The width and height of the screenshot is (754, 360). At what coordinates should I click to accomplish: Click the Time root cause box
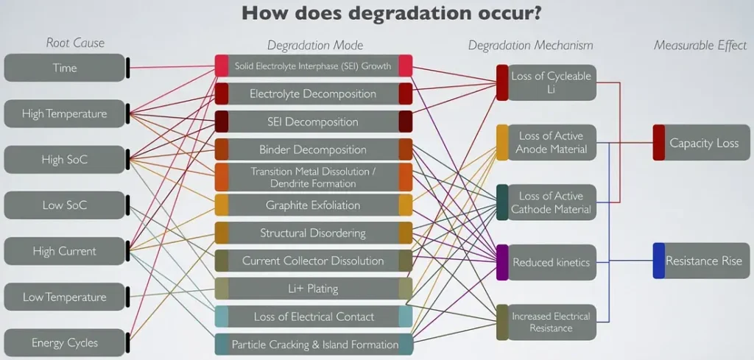pos(65,68)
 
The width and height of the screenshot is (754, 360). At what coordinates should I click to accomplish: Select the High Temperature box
pos(65,114)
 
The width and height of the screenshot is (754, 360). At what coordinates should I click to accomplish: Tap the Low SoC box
pos(65,205)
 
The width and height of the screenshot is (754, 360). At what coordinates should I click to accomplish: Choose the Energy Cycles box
pos(65,342)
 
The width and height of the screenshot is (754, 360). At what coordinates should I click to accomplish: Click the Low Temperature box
pos(65,297)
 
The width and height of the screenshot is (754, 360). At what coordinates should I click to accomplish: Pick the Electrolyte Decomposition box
pos(314,93)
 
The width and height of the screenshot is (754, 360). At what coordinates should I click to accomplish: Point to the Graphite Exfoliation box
pos(314,205)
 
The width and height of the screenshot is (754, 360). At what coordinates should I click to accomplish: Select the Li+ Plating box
pos(314,289)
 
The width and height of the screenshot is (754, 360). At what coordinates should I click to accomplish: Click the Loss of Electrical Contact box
pos(314,317)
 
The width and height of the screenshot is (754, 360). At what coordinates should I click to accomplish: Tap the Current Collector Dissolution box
pos(314,261)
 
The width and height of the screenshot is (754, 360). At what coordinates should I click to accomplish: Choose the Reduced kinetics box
pos(546,262)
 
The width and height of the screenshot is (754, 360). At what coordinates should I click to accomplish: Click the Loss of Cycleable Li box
pos(546,82)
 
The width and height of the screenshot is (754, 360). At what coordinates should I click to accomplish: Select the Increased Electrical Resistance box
pos(546,322)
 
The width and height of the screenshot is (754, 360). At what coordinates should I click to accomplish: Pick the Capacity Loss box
pos(701,143)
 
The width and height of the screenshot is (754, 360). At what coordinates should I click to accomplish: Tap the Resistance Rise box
pos(701,261)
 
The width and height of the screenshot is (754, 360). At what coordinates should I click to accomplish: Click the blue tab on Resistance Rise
pos(659,261)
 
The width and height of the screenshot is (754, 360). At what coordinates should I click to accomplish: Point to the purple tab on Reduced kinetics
pos(502,262)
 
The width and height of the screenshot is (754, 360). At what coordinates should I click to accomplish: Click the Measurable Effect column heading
pos(700,45)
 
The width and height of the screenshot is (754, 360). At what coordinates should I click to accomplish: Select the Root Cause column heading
pos(75,43)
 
